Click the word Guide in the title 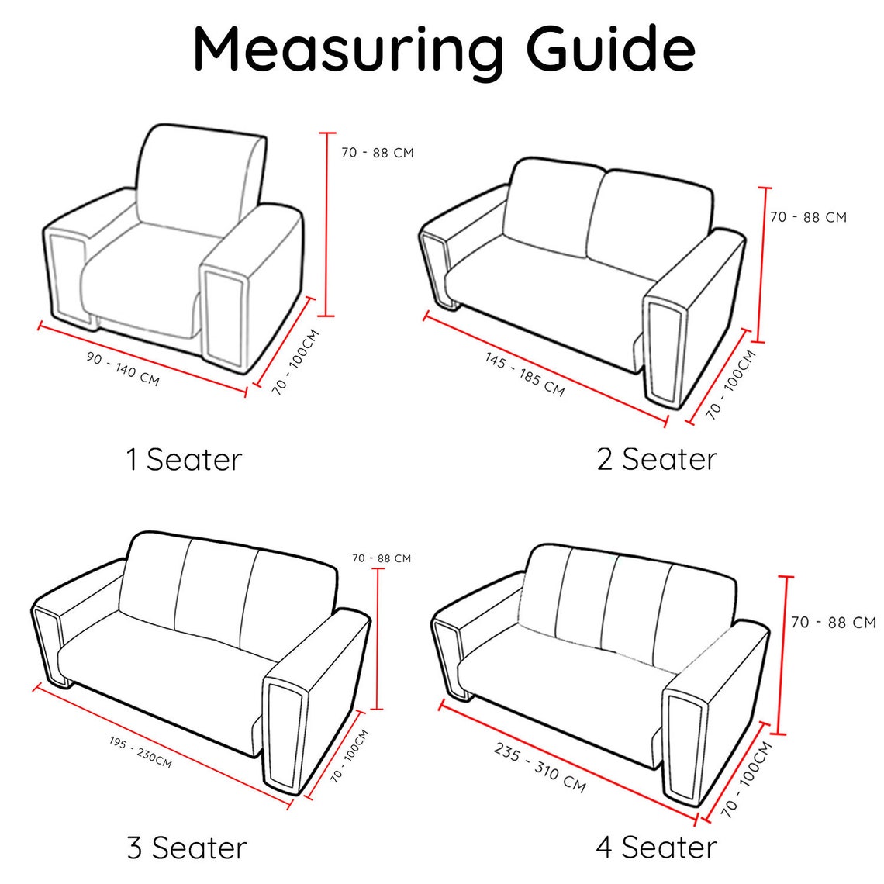click(610, 49)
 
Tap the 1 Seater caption click(184, 460)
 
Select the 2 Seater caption click(657, 459)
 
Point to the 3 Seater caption click(187, 848)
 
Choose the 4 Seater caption click(656, 848)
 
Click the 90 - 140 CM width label click(123, 368)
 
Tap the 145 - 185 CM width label click(524, 375)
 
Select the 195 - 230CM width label click(140, 752)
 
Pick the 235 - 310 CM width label click(540, 768)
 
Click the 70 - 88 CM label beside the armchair click(377, 153)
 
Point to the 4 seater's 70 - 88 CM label click(834, 623)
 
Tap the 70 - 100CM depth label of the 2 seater click(730, 385)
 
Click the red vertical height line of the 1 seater click(326, 224)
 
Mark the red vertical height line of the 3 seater click(378, 639)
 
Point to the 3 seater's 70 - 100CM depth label click(349, 755)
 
